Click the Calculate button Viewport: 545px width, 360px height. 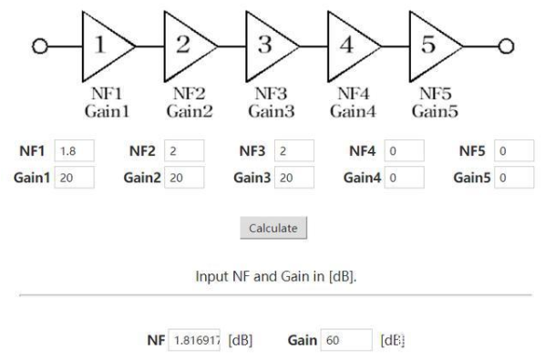pyautogui.click(x=273, y=228)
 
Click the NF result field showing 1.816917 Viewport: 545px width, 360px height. pyautogui.click(x=196, y=340)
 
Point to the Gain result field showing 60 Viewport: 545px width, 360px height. pyautogui.click(x=346, y=340)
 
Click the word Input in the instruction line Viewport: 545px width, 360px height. pyautogui.click(x=212, y=275)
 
